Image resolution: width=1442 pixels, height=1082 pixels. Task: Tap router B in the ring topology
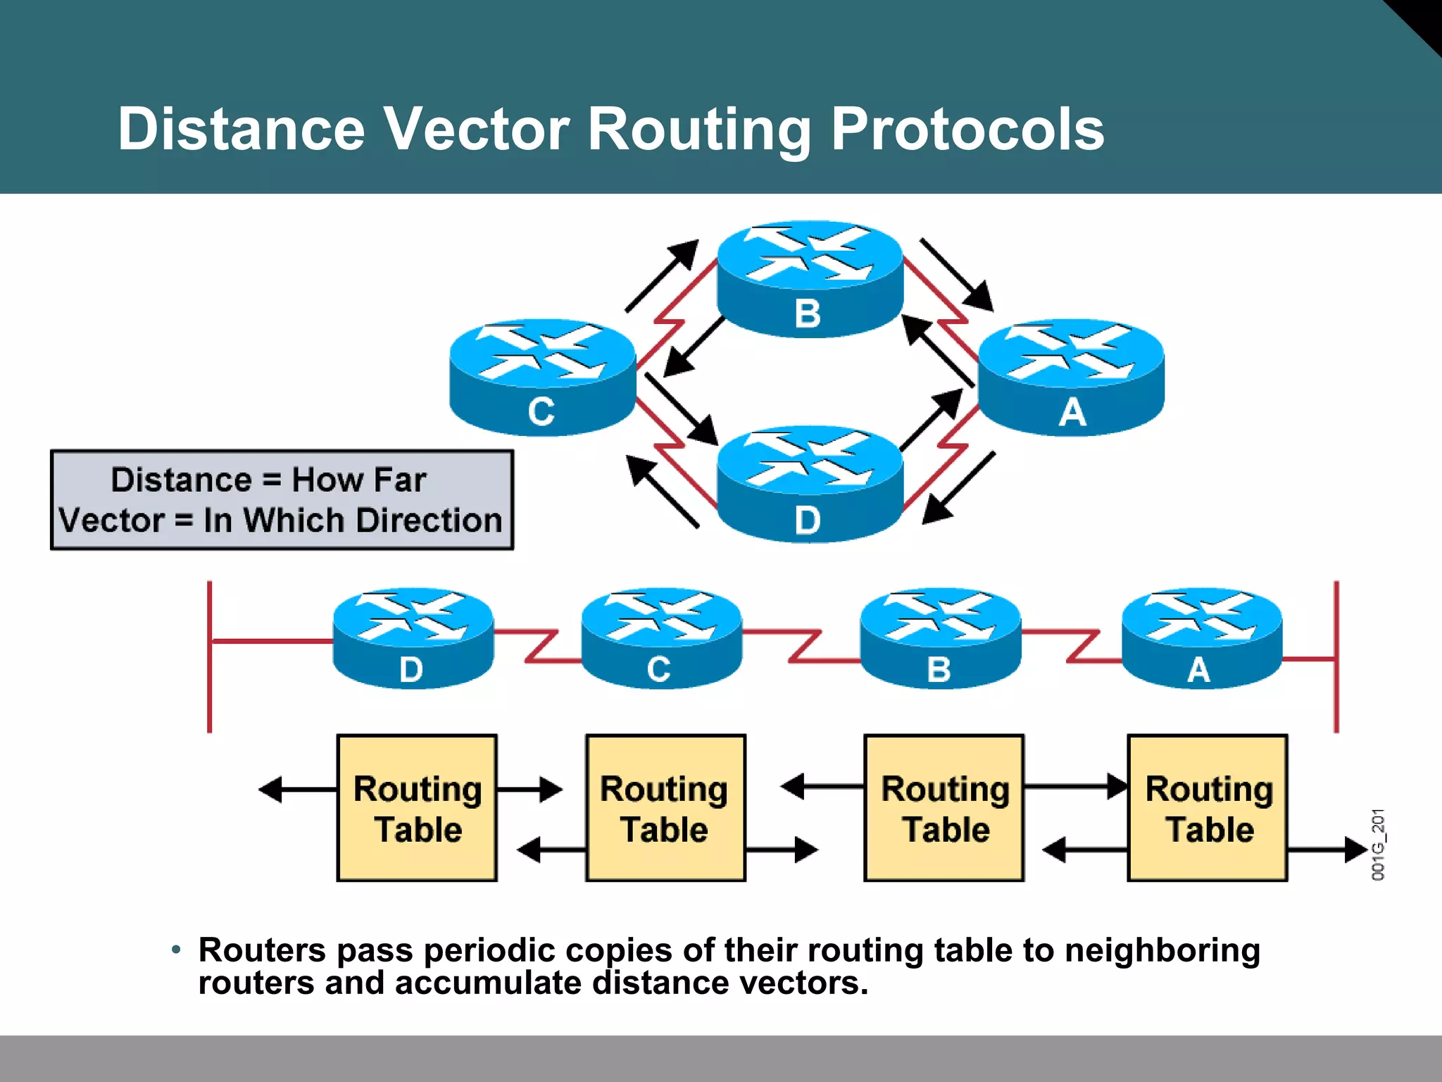[x=810, y=278]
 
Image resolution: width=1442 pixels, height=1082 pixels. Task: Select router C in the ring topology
[x=542, y=377]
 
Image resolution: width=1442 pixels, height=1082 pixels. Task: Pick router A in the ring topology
[x=1071, y=377]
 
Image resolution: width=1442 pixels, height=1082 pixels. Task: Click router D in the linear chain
[x=413, y=638]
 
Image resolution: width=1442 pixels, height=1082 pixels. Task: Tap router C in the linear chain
[x=661, y=638]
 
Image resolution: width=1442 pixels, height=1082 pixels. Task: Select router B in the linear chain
[x=940, y=638]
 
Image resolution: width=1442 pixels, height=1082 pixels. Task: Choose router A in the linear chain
[x=1201, y=638]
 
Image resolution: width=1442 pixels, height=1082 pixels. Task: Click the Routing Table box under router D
[x=417, y=808]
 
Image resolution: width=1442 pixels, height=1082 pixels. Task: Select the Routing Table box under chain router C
[x=665, y=808]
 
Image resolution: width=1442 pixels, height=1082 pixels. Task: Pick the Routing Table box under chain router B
[x=943, y=808]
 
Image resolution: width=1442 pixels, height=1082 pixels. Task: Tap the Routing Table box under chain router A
[x=1208, y=808]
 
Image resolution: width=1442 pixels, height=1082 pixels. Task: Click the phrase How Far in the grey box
[x=358, y=480]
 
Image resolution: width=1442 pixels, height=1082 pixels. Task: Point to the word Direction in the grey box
[x=429, y=521]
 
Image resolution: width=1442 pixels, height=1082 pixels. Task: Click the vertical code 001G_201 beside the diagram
[x=1378, y=845]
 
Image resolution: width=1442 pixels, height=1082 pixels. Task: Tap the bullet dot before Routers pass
[x=176, y=950]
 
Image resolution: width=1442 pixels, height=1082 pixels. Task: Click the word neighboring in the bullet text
[x=1162, y=951]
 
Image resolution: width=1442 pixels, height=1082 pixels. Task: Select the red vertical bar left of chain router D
[x=210, y=657]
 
